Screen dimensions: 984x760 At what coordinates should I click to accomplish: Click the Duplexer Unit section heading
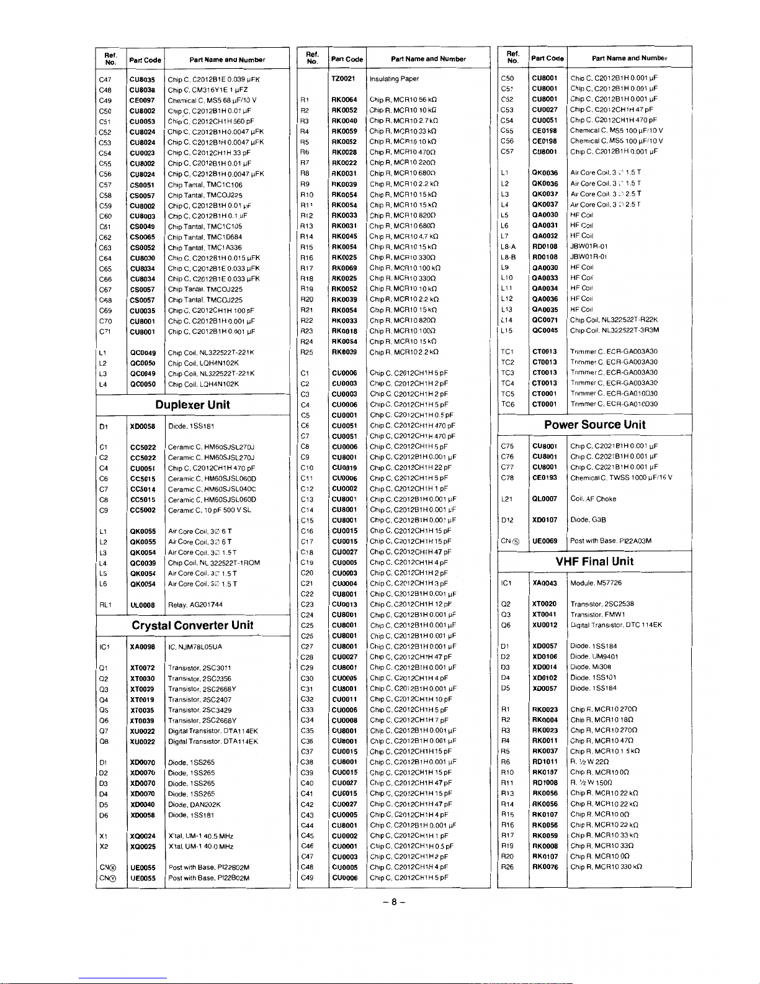pos(192,405)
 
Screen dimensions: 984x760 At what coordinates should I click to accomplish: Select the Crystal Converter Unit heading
pos(192,625)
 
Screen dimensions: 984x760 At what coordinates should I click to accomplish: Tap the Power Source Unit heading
pos(594,425)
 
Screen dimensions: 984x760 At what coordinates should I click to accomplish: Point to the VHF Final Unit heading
pos(594,561)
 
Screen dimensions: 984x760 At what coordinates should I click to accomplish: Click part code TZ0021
pos(343,79)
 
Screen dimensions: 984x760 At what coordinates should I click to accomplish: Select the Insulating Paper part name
pos(394,79)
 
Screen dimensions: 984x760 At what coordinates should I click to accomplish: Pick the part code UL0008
pos(142,605)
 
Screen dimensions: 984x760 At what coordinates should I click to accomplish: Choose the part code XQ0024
pos(142,836)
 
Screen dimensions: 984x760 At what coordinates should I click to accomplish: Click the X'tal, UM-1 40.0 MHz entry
pos(200,847)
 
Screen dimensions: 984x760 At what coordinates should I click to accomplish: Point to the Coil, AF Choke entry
pos(593,499)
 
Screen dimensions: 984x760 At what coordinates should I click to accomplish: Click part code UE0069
pos(545,541)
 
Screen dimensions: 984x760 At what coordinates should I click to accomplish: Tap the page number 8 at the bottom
pos(393,903)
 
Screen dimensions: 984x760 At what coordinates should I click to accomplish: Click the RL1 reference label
pos(105,605)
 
